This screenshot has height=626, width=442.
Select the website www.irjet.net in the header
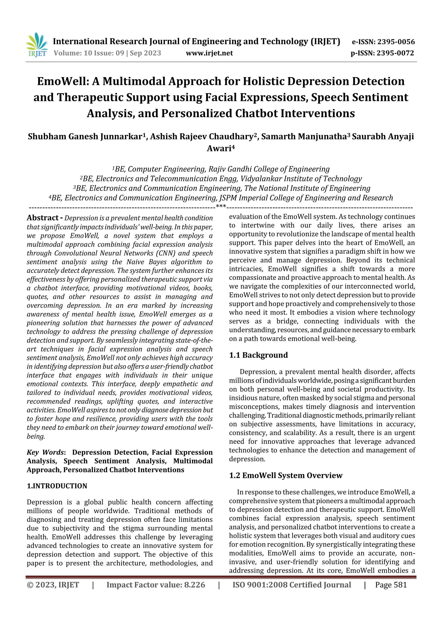209,53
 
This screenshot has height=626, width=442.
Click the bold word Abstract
43,218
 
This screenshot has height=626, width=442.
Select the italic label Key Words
45,452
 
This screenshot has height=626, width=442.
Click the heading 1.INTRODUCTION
57,486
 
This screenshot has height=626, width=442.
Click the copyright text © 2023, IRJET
53,585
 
